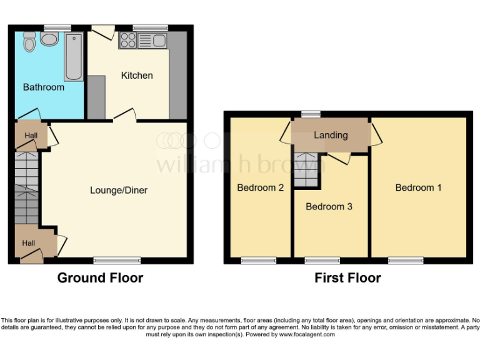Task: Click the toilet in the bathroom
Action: coord(28,42)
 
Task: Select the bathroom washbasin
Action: coord(49,40)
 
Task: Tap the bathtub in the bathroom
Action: coord(73,57)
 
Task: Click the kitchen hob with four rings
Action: coord(128,41)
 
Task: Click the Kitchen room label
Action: coord(137,76)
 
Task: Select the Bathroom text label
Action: coord(44,87)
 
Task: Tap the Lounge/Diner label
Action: coord(119,190)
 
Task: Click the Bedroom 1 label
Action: coord(419,187)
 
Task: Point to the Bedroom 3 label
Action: coord(329,207)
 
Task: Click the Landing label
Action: coord(331,136)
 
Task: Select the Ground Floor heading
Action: coord(100,278)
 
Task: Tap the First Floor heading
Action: coord(347,278)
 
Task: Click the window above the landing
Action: coord(308,114)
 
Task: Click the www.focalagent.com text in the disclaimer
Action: coord(307,334)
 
